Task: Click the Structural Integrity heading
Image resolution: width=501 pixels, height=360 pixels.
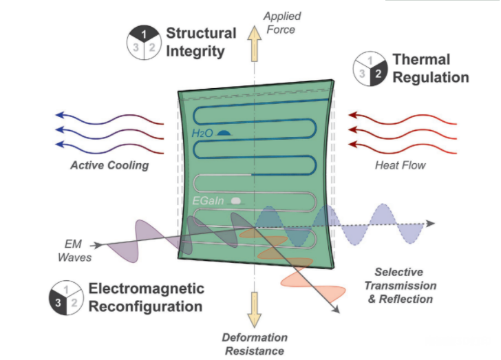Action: pyautogui.click(x=200, y=41)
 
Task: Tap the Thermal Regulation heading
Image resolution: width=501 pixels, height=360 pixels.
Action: pyautogui.click(x=430, y=68)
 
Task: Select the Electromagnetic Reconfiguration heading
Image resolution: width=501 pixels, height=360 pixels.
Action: pyautogui.click(x=145, y=297)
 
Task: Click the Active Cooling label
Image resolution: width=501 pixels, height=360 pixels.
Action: pyautogui.click(x=109, y=166)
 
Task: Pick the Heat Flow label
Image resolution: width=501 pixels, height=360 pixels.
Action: pyautogui.click(x=401, y=165)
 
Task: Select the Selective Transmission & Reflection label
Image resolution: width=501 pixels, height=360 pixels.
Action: pyautogui.click(x=400, y=286)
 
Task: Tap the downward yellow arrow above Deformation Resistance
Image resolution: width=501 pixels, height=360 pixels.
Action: pyautogui.click(x=255, y=309)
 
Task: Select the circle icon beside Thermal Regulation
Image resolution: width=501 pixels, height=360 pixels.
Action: pyautogui.click(x=370, y=69)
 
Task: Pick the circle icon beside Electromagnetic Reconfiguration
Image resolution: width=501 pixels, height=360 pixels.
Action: pyautogui.click(x=65, y=296)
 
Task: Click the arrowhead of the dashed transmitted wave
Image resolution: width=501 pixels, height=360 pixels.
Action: pyautogui.click(x=430, y=223)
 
